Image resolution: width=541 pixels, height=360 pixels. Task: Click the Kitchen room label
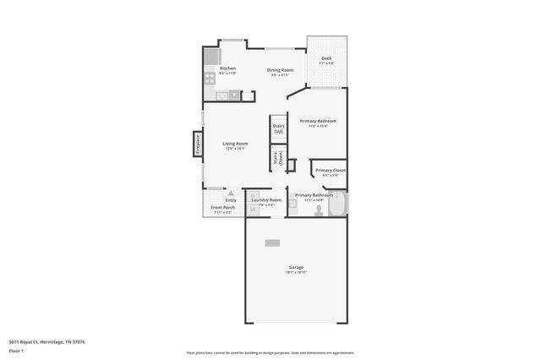tap(227, 68)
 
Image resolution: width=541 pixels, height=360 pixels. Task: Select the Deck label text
tap(326, 58)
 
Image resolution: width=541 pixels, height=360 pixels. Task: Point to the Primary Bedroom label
tap(318, 122)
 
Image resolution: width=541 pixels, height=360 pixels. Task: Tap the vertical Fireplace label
tap(197, 145)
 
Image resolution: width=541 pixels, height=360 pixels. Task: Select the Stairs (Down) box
tap(277, 158)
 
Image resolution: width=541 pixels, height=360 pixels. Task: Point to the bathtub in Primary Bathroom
tap(336, 205)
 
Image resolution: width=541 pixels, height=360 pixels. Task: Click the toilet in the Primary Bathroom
tap(319, 210)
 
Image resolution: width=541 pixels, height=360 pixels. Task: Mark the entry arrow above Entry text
tap(230, 194)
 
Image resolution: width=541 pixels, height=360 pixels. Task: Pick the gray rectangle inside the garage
tap(272, 243)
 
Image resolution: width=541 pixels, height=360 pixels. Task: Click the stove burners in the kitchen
tap(210, 78)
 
